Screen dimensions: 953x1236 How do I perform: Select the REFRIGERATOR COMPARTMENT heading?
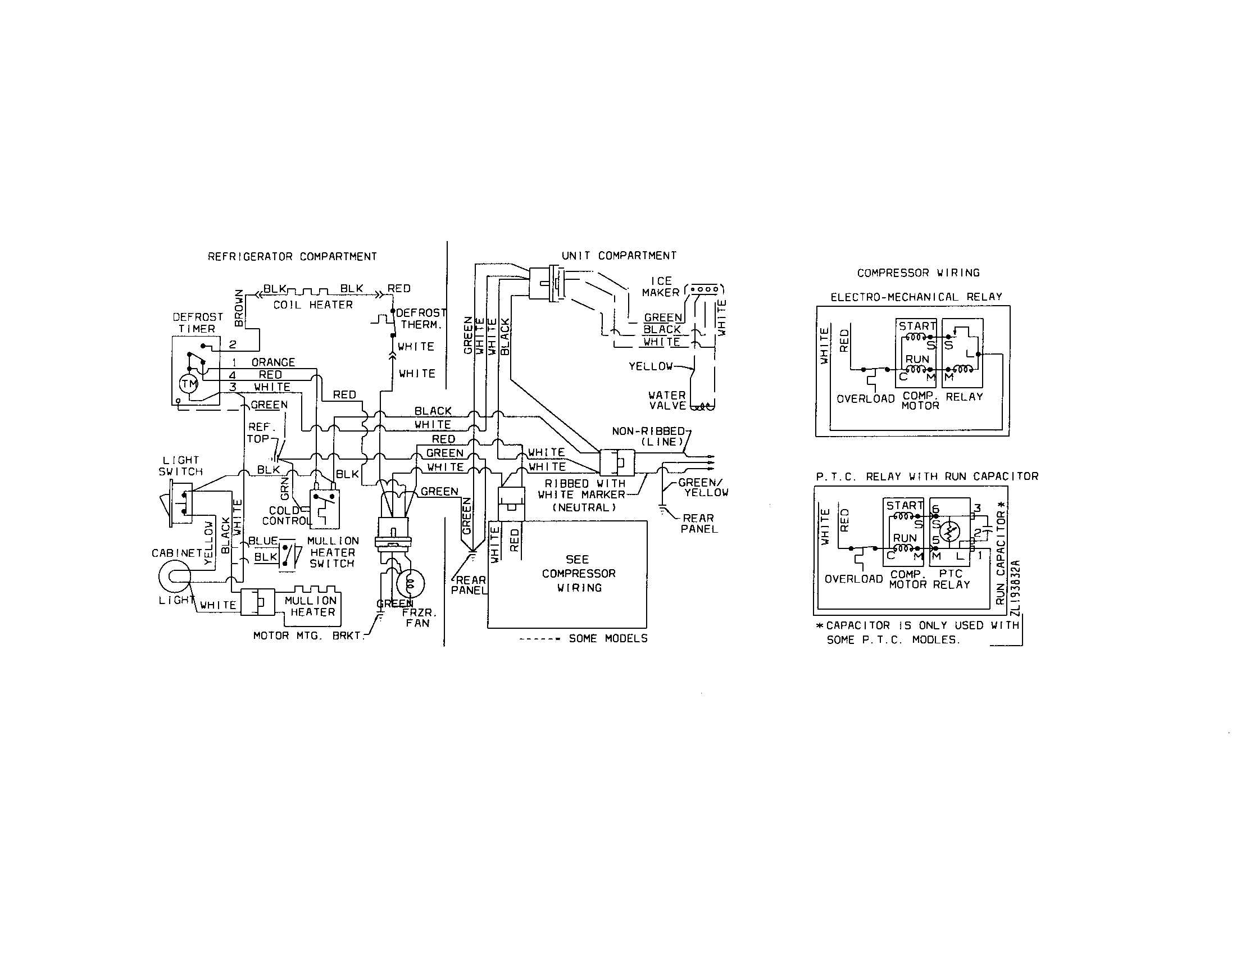tap(292, 257)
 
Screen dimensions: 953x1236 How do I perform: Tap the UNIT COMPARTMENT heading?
tap(619, 256)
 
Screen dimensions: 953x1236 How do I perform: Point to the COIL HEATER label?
tap(313, 305)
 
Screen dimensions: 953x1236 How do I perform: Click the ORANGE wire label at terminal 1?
tap(274, 362)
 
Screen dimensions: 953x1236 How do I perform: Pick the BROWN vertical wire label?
tap(239, 308)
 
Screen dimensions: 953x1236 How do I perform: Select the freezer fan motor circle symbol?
tap(410, 584)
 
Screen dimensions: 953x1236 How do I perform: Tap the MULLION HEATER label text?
tap(311, 606)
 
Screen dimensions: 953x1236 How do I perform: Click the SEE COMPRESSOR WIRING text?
tap(578, 573)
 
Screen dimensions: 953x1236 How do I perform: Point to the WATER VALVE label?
tap(667, 400)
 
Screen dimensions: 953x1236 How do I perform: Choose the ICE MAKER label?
tap(661, 287)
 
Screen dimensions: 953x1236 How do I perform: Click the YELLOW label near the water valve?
tap(650, 367)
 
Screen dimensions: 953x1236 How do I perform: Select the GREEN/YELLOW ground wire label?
tap(703, 488)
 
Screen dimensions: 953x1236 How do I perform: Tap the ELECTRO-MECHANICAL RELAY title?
tap(916, 297)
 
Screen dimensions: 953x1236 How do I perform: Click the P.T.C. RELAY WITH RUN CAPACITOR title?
tap(927, 476)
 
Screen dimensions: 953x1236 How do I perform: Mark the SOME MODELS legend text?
tap(608, 638)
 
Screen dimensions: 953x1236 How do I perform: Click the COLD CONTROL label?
tap(286, 515)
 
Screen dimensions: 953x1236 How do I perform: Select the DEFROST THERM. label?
tap(421, 319)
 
